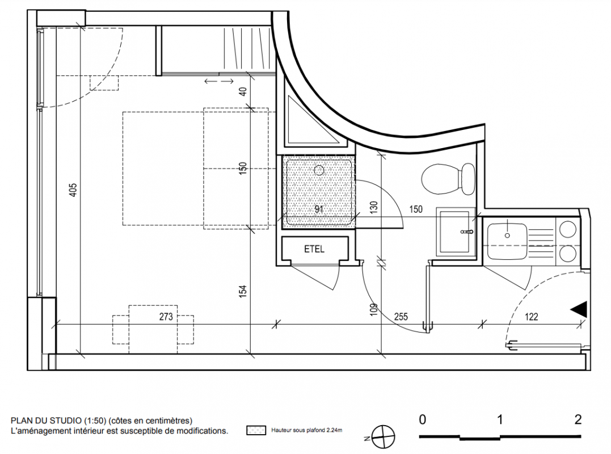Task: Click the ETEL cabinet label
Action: tap(314, 249)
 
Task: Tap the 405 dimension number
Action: tap(73, 190)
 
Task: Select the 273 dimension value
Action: tap(166, 317)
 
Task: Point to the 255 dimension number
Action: tap(401, 317)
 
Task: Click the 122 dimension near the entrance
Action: tap(531, 317)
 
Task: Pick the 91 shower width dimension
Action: tap(319, 209)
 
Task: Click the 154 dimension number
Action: tap(243, 292)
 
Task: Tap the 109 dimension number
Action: tap(374, 309)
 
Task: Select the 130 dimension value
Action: tap(374, 207)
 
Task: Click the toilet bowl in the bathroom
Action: tap(448, 179)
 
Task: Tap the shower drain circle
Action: tap(319, 170)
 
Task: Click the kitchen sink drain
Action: tap(507, 236)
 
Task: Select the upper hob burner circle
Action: tap(567, 229)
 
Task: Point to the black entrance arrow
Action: tap(579, 309)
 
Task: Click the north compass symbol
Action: tap(383, 437)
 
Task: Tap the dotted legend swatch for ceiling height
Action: tap(256, 431)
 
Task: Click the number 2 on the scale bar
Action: tap(578, 419)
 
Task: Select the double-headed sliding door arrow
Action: tap(219, 81)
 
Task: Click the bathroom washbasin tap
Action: tap(467, 232)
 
